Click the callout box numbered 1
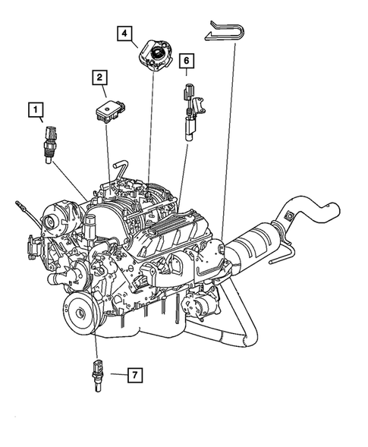click(x=36, y=110)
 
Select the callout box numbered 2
click(x=99, y=77)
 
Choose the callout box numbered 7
click(x=134, y=375)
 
